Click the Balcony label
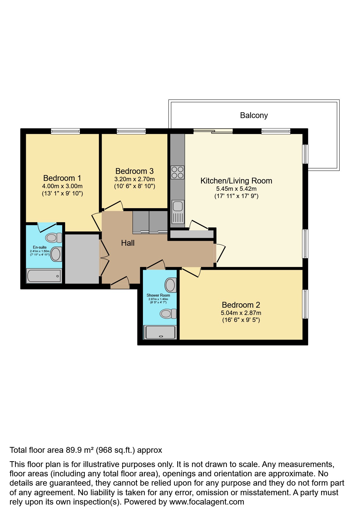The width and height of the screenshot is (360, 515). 254,115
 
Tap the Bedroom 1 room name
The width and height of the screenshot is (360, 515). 62,178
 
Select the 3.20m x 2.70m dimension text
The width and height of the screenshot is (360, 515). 134,179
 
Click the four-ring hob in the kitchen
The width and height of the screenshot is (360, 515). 177,172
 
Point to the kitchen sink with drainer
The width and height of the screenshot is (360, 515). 178,212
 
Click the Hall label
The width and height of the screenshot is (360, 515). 128,243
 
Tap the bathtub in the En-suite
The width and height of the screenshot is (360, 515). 44,276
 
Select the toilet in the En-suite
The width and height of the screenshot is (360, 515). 54,238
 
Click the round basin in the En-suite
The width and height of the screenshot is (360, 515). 56,254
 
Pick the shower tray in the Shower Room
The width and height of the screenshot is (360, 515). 160,332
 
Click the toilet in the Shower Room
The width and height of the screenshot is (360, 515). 168,314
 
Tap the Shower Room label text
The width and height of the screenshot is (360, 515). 158,295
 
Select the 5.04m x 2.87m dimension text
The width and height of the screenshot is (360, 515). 241,313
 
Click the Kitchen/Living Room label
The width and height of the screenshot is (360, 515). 236,181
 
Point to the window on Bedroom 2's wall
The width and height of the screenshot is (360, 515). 305,304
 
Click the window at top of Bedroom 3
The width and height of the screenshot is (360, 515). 131,131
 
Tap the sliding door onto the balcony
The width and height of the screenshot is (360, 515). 213,131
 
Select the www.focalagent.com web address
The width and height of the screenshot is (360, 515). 207,502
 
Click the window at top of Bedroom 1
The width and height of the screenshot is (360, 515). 65,131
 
